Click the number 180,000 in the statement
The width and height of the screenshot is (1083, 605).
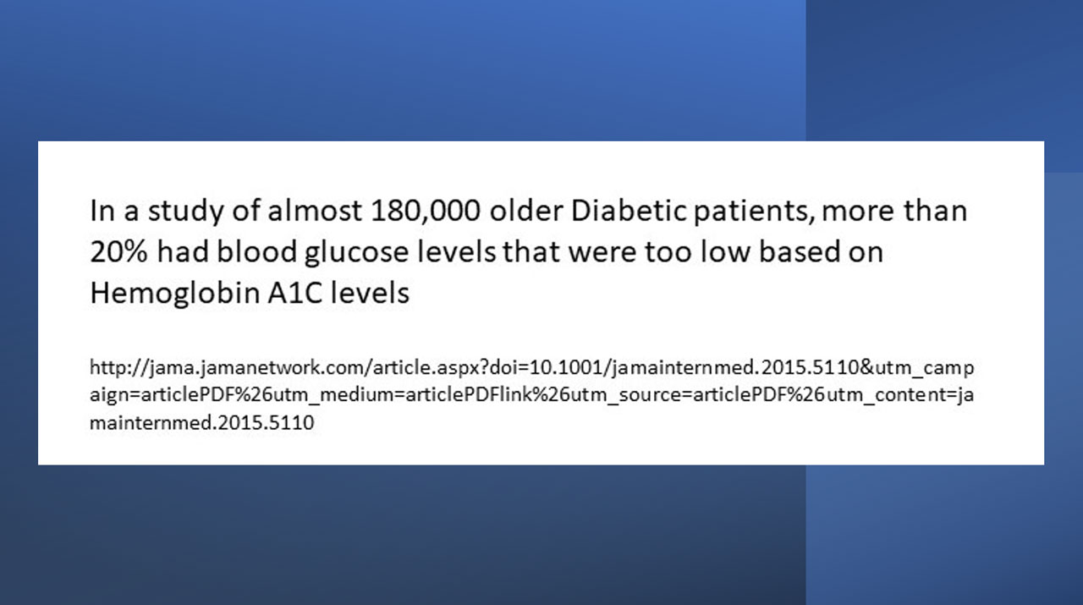(426, 212)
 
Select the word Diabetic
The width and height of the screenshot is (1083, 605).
(629, 211)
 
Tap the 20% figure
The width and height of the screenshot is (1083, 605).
(118, 252)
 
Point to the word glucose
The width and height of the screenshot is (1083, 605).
(357, 253)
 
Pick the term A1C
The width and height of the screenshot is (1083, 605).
(295, 293)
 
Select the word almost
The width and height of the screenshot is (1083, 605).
(315, 211)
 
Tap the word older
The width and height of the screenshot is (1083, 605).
(526, 211)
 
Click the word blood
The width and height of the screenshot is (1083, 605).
(256, 251)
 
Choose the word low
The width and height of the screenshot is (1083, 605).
(726, 251)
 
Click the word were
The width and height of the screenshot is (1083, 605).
(602, 253)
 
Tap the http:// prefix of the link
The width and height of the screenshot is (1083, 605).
(119, 368)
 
